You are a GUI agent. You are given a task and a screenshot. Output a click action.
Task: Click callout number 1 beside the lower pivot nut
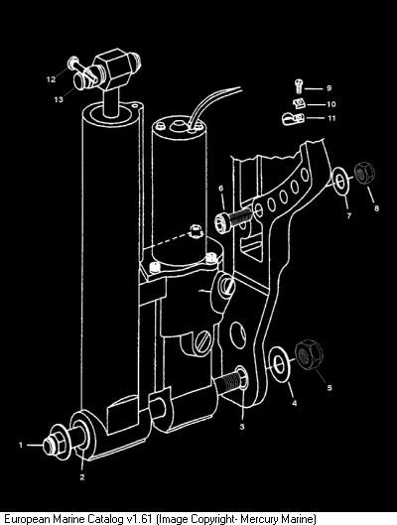coord(21,445)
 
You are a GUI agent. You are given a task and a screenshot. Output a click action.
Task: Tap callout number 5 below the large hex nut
coord(330,387)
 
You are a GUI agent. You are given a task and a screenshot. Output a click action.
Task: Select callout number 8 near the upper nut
coord(376,208)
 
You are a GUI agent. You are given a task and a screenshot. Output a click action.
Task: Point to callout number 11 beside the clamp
coord(331,118)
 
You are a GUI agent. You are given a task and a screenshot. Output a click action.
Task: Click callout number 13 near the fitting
coord(59,99)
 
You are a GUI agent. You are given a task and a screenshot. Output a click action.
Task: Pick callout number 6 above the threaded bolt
coord(221,189)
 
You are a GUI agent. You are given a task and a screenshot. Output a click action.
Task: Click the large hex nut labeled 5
coord(309,354)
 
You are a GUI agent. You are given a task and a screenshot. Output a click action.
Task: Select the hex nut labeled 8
coord(364,173)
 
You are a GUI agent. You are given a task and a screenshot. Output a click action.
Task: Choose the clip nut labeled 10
coord(298,103)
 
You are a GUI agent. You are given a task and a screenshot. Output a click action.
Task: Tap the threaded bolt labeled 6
coord(232,217)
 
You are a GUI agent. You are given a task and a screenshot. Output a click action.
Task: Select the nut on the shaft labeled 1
coord(56,443)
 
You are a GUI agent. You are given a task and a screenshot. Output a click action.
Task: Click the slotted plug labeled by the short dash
coord(227,284)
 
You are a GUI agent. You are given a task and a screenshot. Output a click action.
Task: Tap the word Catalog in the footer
coord(105,519)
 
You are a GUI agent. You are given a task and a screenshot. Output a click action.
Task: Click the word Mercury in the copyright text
coord(260,519)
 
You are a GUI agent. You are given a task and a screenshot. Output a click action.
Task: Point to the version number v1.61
coord(140,518)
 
